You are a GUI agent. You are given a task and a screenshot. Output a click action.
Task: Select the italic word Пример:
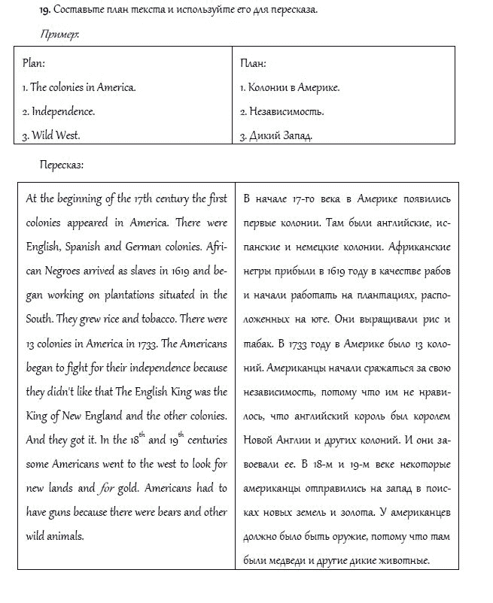(61, 35)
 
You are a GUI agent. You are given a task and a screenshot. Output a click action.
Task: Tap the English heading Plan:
(34, 63)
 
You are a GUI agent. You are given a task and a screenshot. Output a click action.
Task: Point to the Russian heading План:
(253, 63)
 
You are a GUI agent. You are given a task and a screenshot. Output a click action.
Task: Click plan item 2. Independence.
(58, 111)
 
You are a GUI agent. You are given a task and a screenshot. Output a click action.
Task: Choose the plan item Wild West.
(51, 136)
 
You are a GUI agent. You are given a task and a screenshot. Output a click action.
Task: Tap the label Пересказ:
(62, 165)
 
